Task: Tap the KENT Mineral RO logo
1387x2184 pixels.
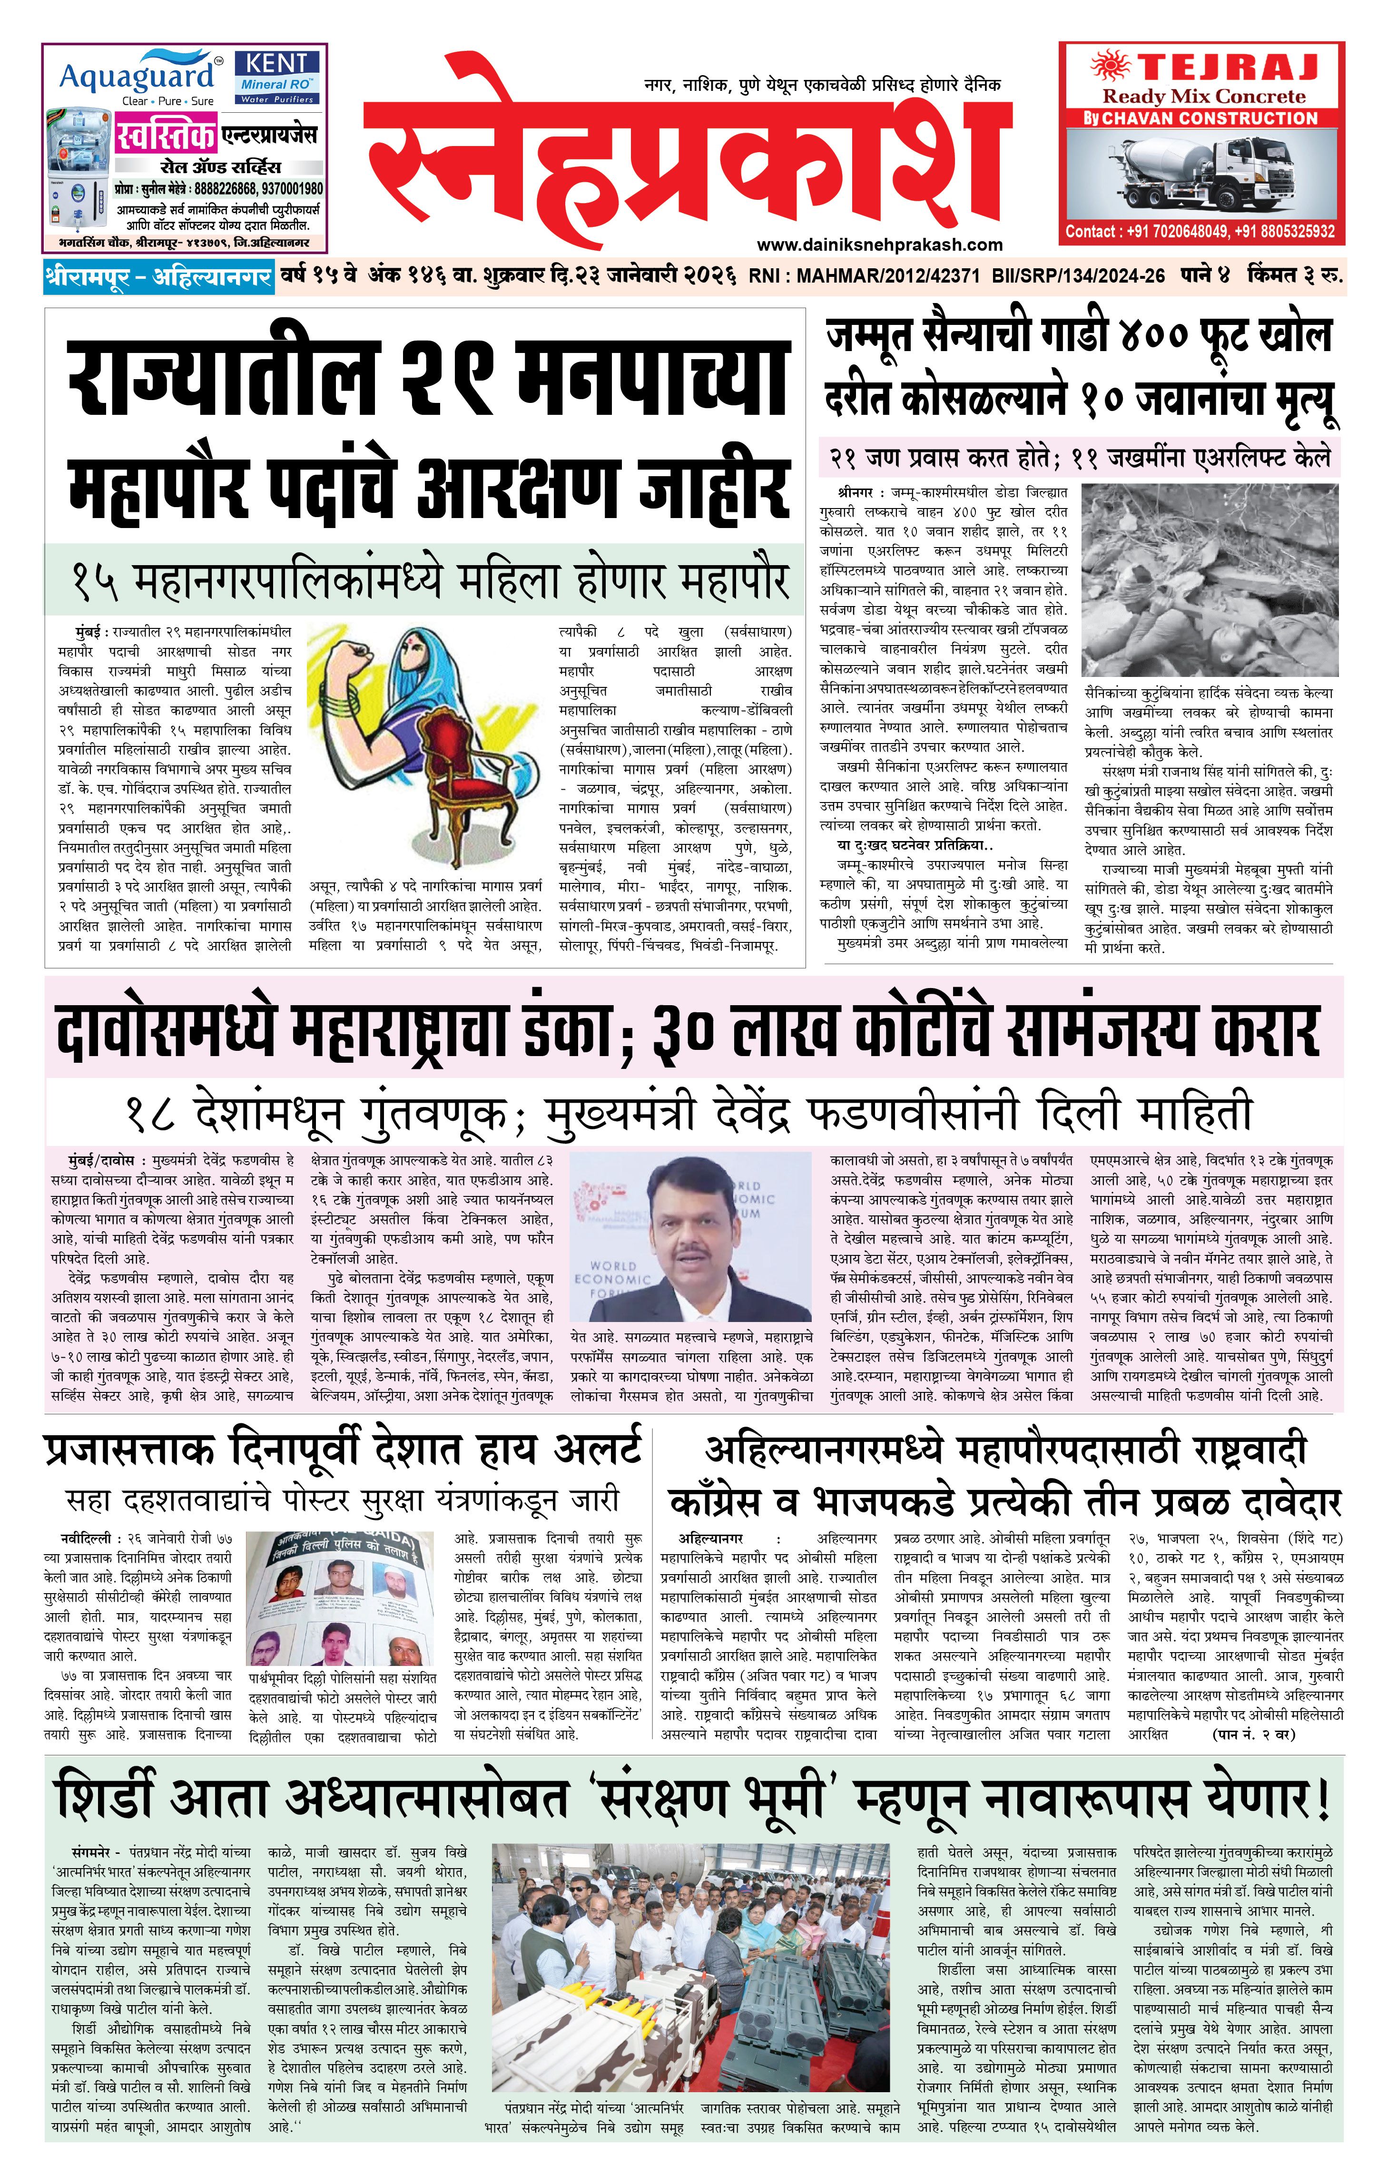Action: coord(276,77)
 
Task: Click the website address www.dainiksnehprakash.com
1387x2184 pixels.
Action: coord(880,244)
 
